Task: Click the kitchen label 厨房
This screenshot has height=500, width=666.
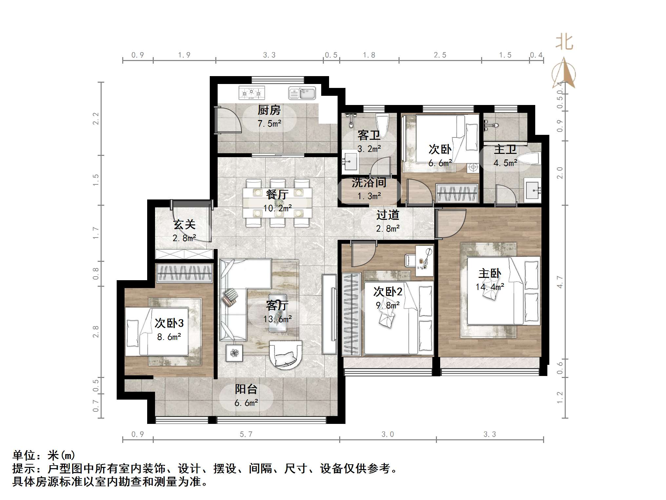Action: tap(269, 110)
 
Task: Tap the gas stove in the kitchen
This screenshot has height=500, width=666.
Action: tap(252, 93)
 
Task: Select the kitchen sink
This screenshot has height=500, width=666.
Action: tap(302, 93)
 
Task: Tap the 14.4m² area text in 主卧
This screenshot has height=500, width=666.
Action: tap(490, 287)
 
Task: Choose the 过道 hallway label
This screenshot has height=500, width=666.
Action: tap(388, 215)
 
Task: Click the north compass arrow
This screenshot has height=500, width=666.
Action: tap(564, 73)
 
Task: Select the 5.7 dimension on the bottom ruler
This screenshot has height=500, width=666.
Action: tap(246, 434)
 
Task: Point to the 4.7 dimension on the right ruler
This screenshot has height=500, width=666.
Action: tap(560, 282)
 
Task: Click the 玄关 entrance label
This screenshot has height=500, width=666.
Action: tap(184, 224)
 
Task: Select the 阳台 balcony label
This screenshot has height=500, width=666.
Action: tap(246, 389)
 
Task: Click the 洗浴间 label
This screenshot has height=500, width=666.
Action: tap(369, 182)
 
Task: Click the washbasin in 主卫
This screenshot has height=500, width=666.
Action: tap(533, 190)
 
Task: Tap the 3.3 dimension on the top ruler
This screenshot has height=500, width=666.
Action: tap(269, 55)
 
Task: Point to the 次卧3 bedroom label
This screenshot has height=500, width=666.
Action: tap(169, 323)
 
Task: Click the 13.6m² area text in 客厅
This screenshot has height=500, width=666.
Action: tap(278, 319)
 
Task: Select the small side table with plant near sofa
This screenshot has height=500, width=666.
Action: tap(234, 353)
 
